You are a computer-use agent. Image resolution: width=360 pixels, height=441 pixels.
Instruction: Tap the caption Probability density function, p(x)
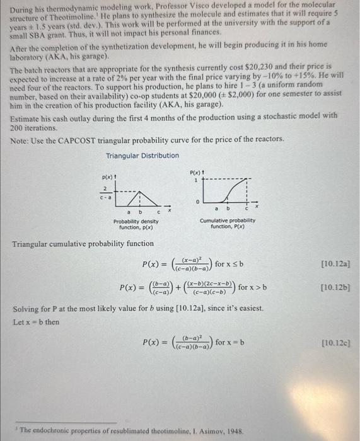tap(136, 224)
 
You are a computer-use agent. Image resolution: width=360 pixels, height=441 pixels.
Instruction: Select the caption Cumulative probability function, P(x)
tap(228, 223)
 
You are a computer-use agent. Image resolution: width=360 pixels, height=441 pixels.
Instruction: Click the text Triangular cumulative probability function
tap(83, 243)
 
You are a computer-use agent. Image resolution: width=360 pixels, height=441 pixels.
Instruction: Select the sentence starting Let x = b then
tap(37, 321)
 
